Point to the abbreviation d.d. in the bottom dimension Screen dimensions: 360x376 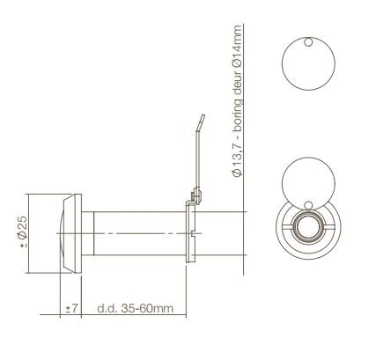click(x=107, y=309)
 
